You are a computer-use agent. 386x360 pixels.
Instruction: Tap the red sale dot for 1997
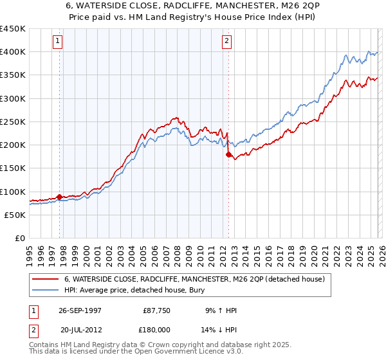click(x=60, y=197)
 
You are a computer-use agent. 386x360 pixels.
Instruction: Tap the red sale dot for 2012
click(x=228, y=154)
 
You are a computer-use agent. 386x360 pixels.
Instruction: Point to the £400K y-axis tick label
click(x=13, y=52)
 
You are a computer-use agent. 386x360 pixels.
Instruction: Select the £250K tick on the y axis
click(x=13, y=122)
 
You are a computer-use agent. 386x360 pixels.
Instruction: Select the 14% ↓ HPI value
click(x=219, y=330)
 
